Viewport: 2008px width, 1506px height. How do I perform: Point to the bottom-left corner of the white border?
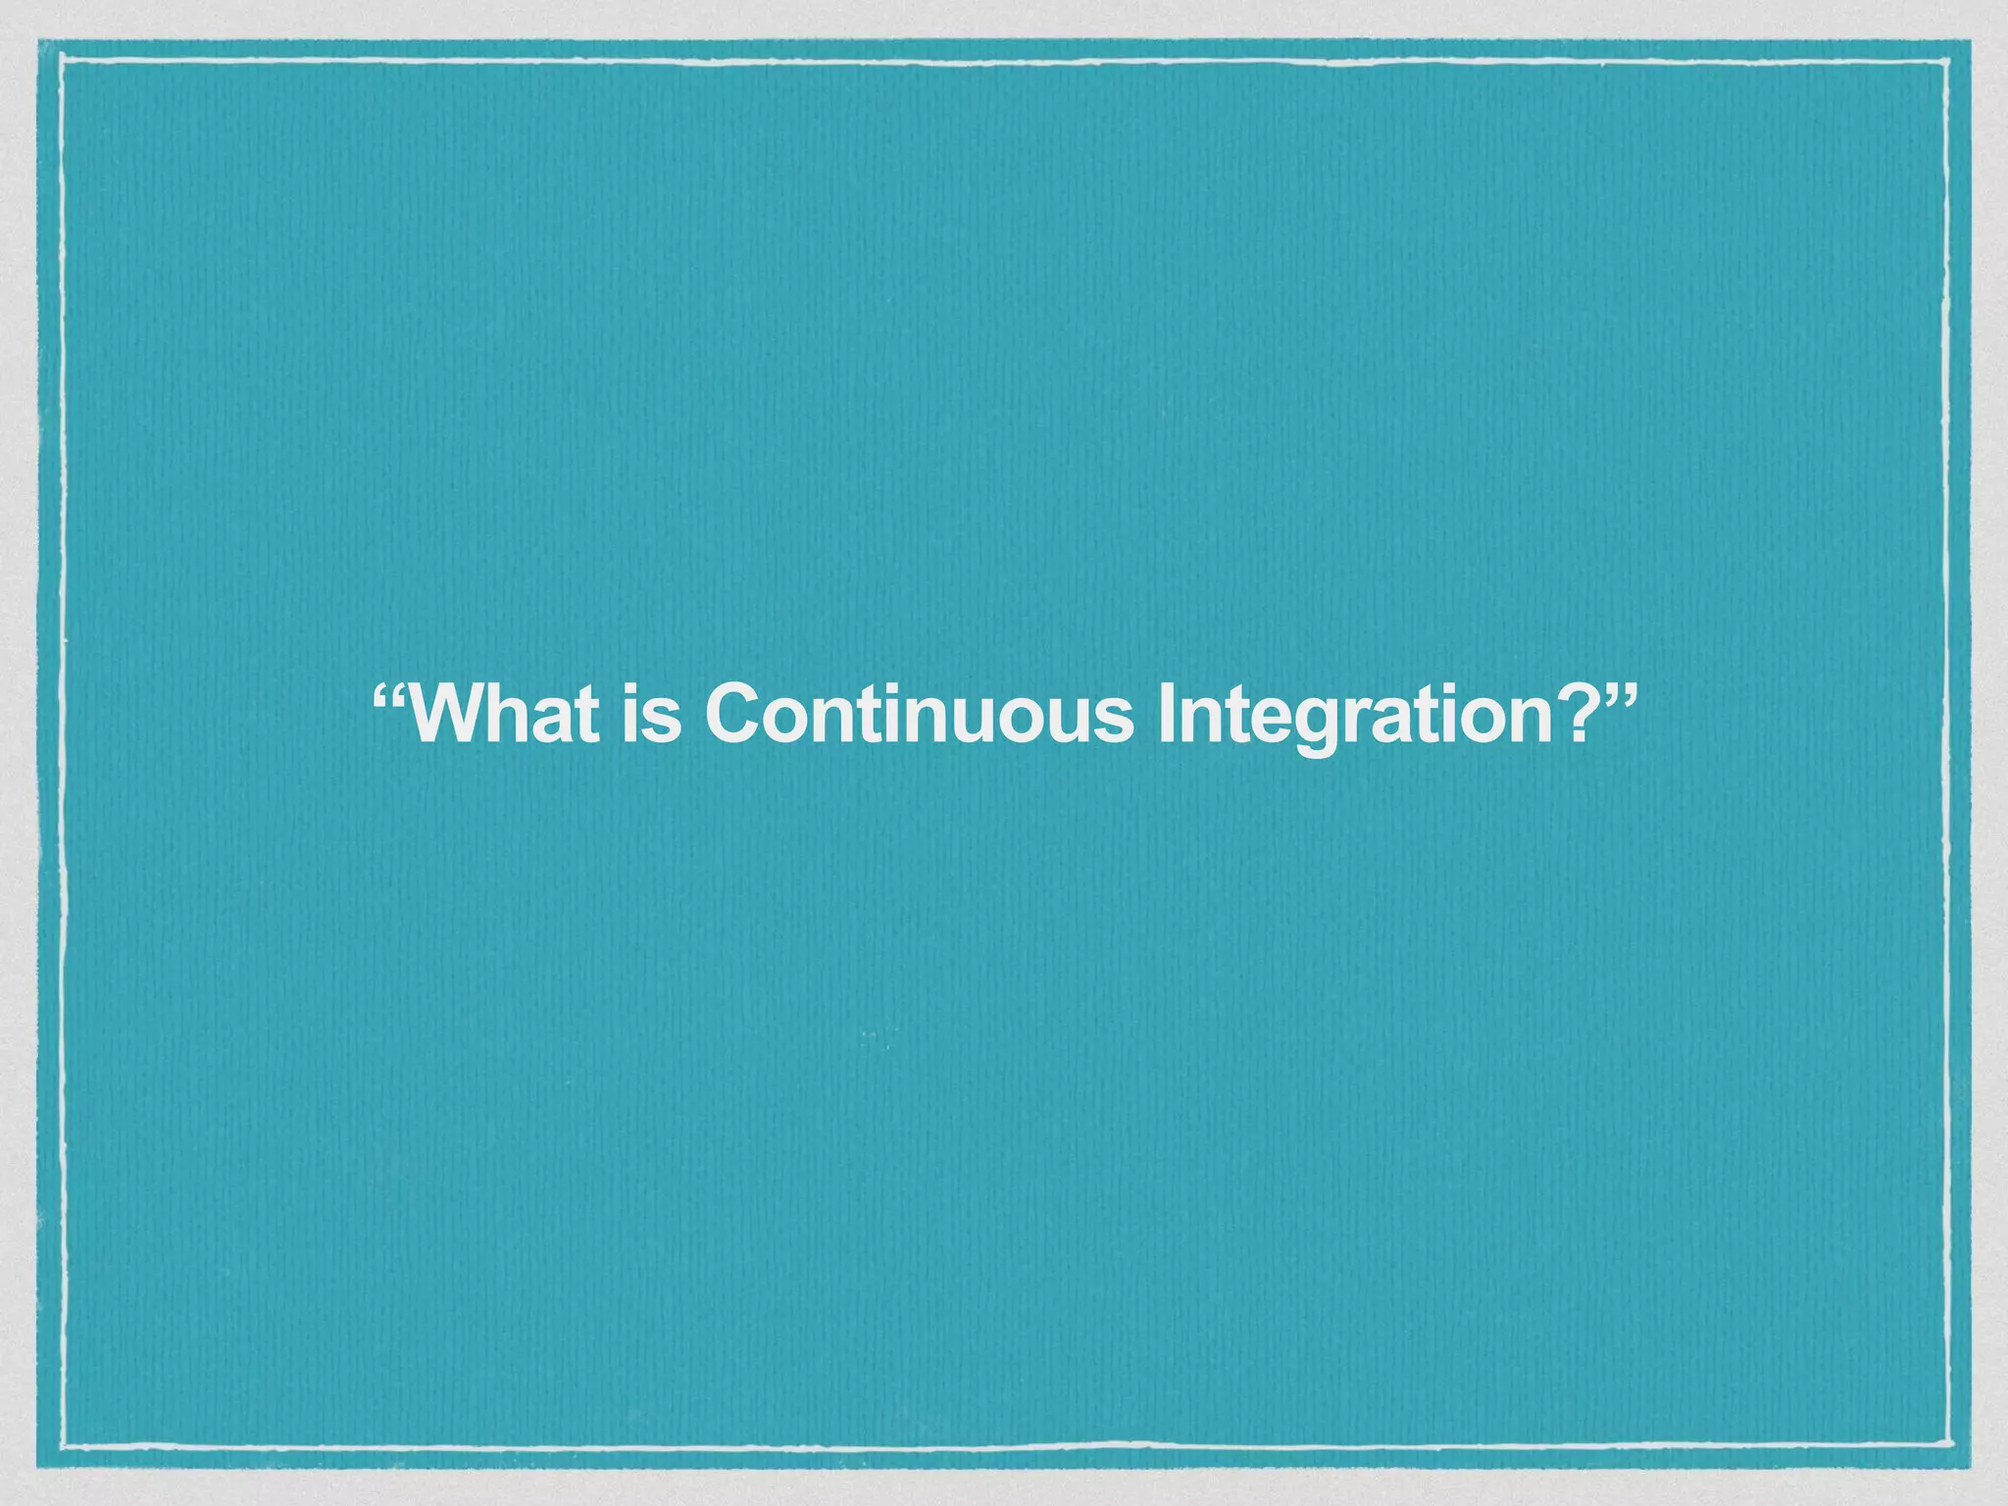[62, 1445]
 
